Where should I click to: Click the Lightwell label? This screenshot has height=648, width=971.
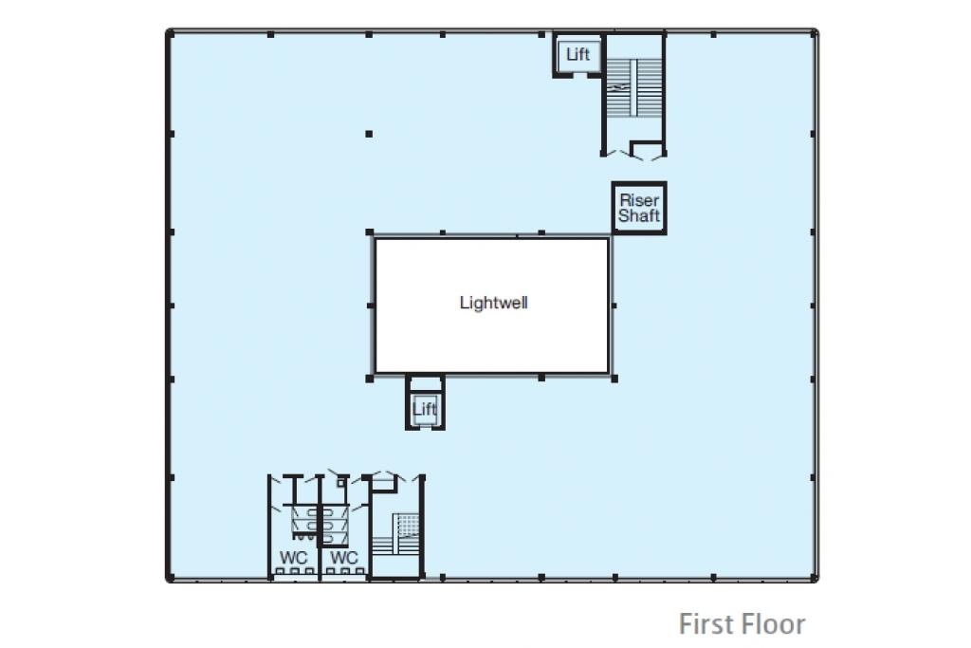[x=493, y=303]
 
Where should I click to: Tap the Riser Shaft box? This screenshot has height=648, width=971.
[x=639, y=208]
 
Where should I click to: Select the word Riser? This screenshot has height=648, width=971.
[x=639, y=200]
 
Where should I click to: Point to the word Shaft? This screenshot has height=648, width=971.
[x=639, y=215]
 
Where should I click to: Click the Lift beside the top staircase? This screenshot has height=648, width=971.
[x=577, y=54]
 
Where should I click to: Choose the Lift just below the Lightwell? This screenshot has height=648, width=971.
[x=425, y=409]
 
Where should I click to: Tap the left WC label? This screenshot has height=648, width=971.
[x=294, y=558]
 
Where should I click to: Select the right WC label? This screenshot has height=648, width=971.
[x=343, y=558]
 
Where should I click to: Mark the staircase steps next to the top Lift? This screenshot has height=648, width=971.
[x=633, y=87]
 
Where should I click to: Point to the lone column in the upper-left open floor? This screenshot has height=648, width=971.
[x=369, y=134]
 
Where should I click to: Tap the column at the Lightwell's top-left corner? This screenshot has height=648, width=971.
[x=370, y=232]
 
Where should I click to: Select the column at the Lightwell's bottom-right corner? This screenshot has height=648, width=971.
[x=614, y=379]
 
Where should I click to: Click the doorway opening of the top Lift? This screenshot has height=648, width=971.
[x=577, y=74]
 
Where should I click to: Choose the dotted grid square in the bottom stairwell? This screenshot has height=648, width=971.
[x=408, y=526]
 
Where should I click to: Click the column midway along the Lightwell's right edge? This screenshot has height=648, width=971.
[x=614, y=305]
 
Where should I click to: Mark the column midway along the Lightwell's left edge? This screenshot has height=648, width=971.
[x=371, y=305]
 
